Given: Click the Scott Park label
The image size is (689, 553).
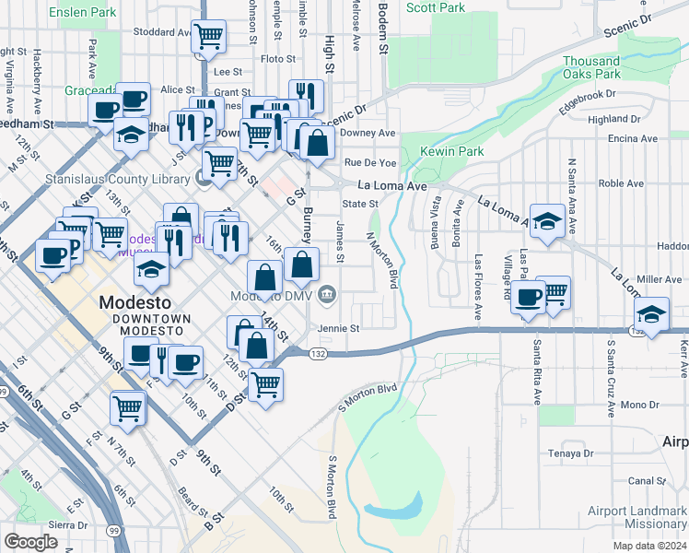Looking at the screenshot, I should click(x=436, y=7).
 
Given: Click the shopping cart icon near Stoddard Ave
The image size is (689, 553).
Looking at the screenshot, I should click(x=209, y=36).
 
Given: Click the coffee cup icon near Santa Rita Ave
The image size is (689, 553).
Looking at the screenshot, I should click(x=529, y=297).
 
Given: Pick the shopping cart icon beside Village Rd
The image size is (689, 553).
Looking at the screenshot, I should click(x=553, y=293).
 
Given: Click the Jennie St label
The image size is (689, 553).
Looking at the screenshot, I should click(x=338, y=327).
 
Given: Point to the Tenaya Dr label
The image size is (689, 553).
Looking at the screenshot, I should click(x=569, y=453).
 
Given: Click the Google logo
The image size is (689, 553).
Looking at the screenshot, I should click(x=30, y=542).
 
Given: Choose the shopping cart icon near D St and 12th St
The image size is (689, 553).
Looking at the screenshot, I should click(x=265, y=383).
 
